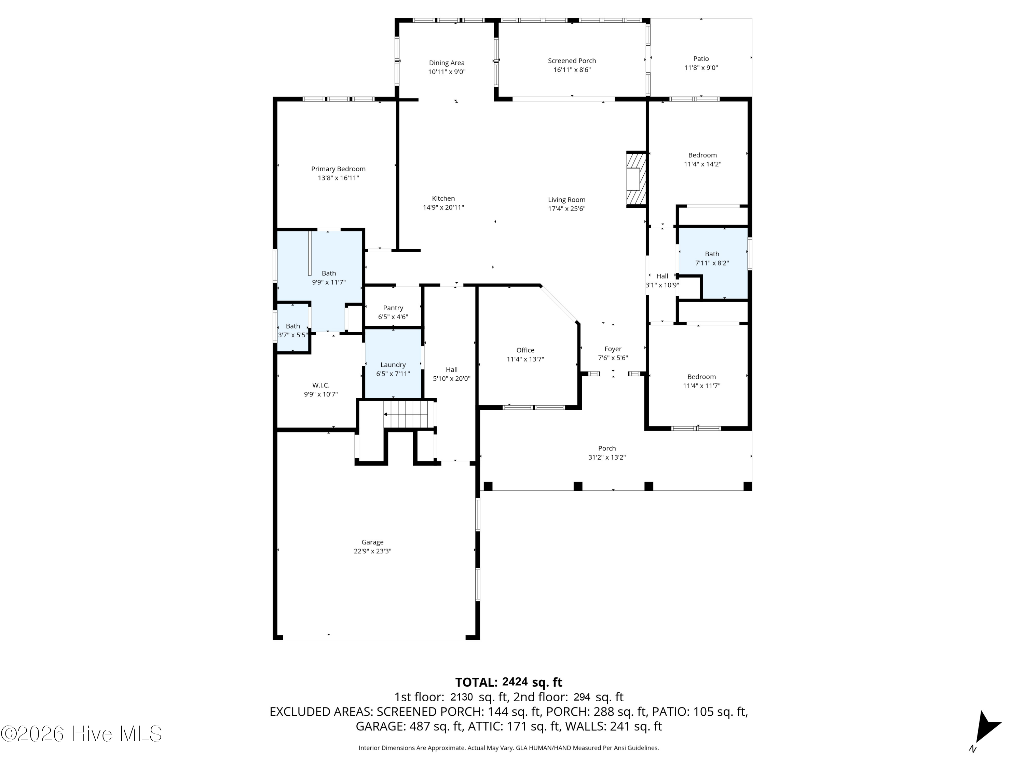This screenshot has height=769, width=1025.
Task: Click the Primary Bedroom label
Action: [338, 169]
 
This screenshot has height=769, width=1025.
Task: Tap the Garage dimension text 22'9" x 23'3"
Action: [372, 551]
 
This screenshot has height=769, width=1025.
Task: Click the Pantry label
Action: [393, 308]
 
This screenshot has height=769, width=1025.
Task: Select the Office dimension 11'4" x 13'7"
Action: [525, 359]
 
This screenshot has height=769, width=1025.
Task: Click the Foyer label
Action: [613, 349]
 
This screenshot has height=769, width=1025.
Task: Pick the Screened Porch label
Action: [572, 61]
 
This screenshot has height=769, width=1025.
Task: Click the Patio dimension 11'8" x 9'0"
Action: [701, 68]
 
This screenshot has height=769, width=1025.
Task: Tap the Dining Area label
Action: [447, 63]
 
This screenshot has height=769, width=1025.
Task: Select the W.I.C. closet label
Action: [321, 386]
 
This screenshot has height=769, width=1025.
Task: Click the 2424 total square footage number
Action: [515, 682]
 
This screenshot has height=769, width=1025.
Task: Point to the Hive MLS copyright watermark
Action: [82, 734]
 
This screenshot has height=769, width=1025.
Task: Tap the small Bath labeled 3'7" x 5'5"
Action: [293, 330]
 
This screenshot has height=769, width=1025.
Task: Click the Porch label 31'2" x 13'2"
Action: [607, 453]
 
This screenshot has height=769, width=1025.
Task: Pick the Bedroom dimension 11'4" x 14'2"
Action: [702, 164]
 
